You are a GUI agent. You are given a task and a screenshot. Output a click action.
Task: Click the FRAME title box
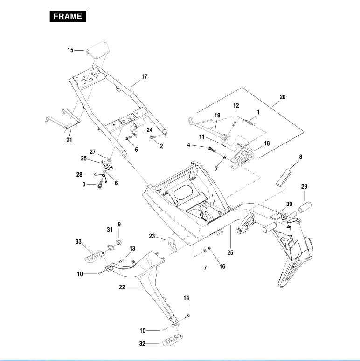click(67, 17)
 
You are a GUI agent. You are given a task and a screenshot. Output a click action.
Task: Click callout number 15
click(70, 50)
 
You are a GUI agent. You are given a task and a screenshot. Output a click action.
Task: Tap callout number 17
click(145, 76)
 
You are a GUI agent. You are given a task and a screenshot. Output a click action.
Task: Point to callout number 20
click(282, 97)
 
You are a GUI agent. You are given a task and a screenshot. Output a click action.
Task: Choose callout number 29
click(304, 186)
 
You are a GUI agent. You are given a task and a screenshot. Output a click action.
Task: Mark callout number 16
click(222, 267)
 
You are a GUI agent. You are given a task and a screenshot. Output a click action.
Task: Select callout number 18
click(267, 144)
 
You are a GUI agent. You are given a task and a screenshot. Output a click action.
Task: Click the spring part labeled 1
click(250, 122)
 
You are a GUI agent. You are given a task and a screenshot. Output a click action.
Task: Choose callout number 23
click(152, 236)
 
